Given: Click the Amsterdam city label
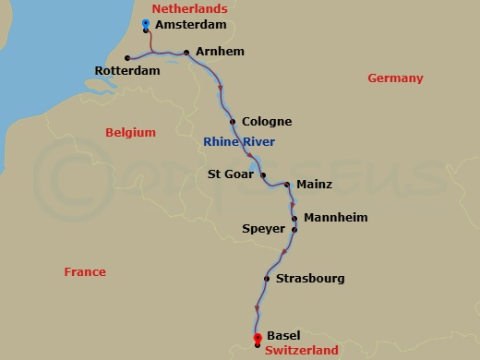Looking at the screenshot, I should pyautogui.click(x=191, y=26).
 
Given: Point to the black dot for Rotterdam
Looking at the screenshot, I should pyautogui.click(x=127, y=58).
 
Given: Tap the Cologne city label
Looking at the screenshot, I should pyautogui.click(x=266, y=121).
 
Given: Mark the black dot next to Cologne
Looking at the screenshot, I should pyautogui.click(x=233, y=121).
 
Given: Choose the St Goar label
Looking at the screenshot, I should pyautogui.click(x=232, y=173).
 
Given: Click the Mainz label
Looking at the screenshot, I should pyautogui.click(x=314, y=185).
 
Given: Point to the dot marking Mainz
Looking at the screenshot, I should pyautogui.click(x=287, y=185).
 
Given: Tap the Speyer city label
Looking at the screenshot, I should pyautogui.click(x=263, y=229).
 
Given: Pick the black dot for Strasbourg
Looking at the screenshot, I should pyautogui.click(x=266, y=278).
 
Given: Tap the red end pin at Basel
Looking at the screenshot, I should pyautogui.click(x=257, y=336).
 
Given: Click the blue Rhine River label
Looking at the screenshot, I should pyautogui.click(x=239, y=141).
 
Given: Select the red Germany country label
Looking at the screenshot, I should pyautogui.click(x=395, y=78).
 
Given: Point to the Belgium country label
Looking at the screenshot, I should pyautogui.click(x=130, y=132).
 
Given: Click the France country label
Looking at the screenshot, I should pyautogui.click(x=85, y=271).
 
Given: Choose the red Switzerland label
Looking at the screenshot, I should pyautogui.click(x=301, y=350).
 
